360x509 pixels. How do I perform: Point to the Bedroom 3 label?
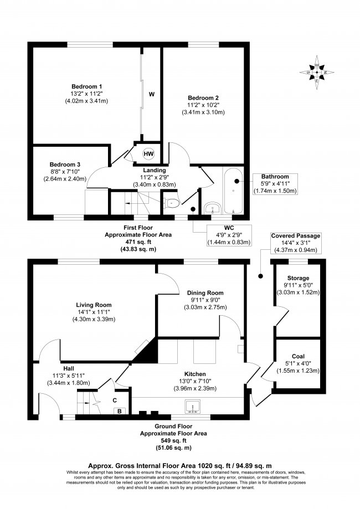coord(65,172)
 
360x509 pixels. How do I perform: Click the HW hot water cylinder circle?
coord(149,153)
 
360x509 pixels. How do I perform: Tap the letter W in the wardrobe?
coord(151,94)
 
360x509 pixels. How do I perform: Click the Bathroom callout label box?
coord(276,183)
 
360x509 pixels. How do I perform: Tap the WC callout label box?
coord(229,234)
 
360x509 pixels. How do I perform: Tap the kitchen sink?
coord(194,407)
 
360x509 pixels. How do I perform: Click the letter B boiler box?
coord(117,411)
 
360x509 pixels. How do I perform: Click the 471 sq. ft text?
coord(138,242)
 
